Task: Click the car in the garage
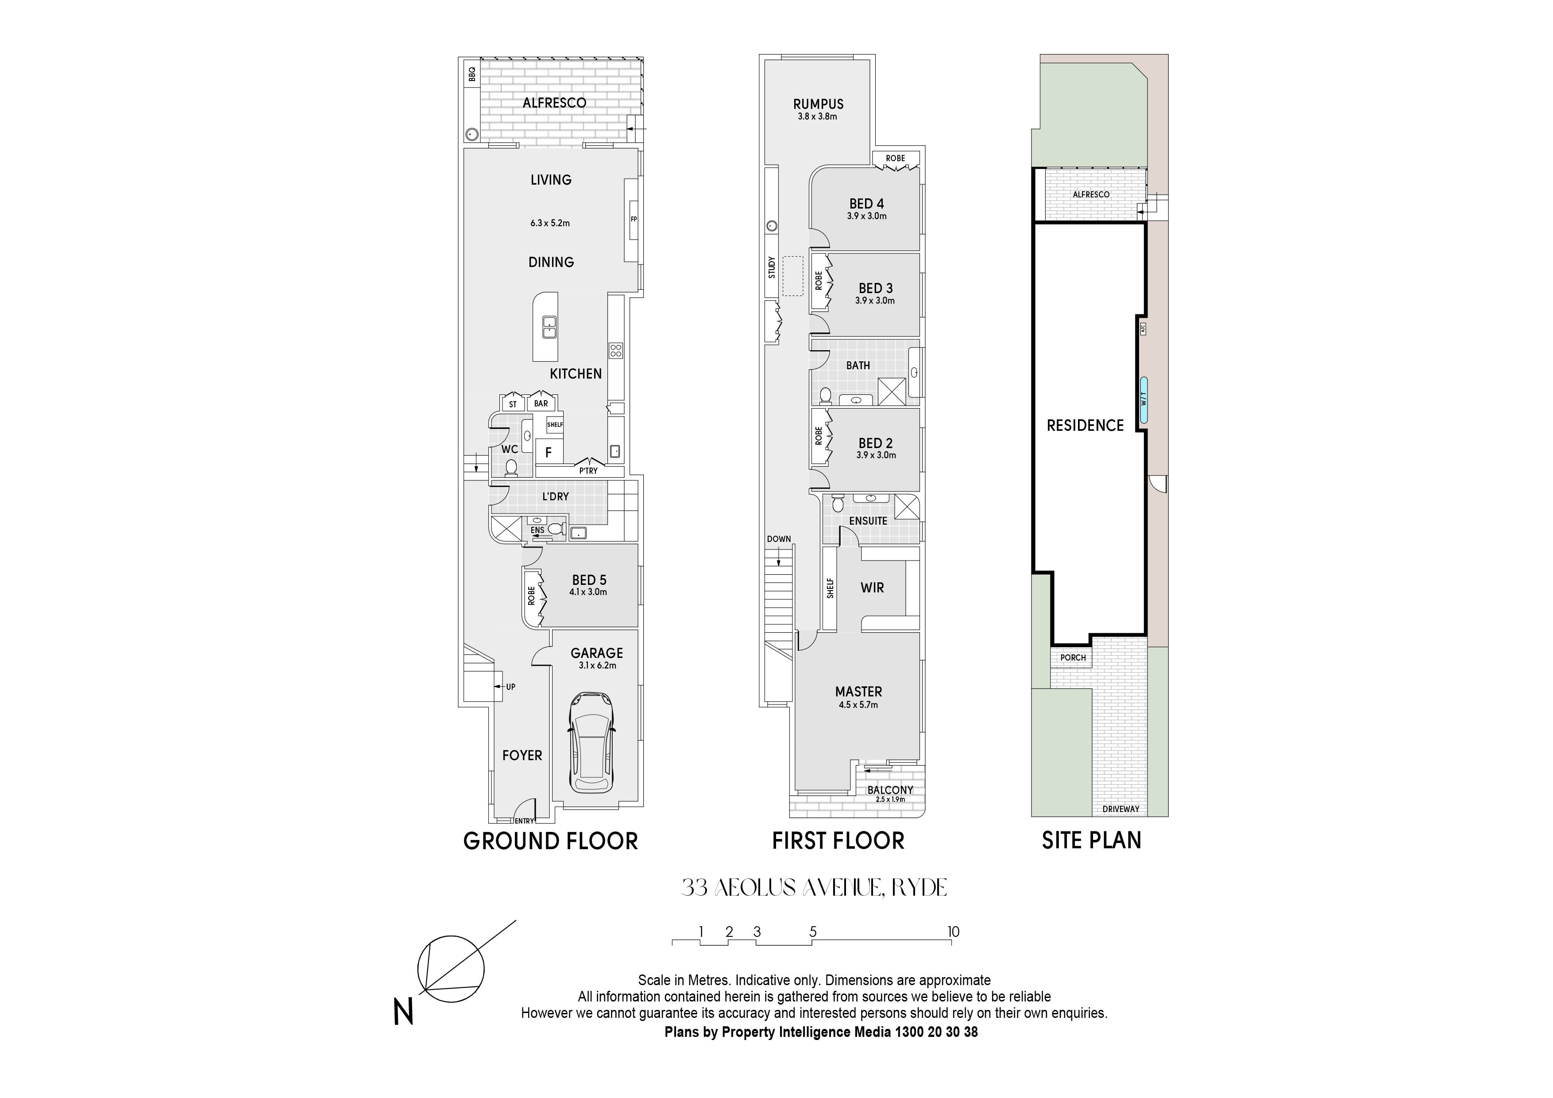point(592,742)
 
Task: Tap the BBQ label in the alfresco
point(472,74)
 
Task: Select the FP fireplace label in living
point(634,219)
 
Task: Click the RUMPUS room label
point(819,104)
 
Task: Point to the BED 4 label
point(866,204)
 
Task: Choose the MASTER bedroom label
point(858,692)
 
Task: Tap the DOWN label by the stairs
point(779,539)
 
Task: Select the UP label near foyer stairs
point(511,687)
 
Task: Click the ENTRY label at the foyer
point(524,821)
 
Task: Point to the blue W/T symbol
point(1143,400)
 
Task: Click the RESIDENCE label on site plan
point(1085,425)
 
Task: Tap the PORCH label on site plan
point(1073,657)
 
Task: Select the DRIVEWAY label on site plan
point(1121,809)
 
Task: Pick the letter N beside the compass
point(403,1012)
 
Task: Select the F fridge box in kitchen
point(549,452)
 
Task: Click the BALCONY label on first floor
point(890,789)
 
